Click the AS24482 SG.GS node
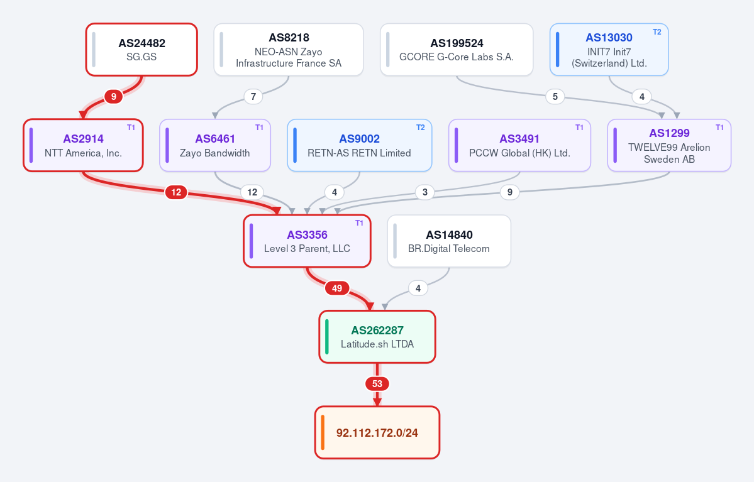coord(141,50)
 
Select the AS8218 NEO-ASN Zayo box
coord(289,50)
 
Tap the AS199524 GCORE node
coord(457,50)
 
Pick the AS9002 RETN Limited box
coord(359,145)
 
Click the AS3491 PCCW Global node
coord(519,145)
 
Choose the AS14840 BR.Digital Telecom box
coord(448,241)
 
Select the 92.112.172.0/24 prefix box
coord(377,432)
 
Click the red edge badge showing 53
coord(377,384)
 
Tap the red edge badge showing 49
coord(336,288)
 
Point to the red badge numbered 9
coord(113,97)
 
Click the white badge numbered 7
coord(253,97)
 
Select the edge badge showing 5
coord(555,97)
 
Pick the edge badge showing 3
coord(424,192)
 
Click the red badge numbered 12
coord(176,192)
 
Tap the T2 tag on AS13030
coord(657,32)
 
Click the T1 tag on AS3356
coord(359,223)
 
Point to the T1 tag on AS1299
coord(719,128)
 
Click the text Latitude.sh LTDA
coord(377,344)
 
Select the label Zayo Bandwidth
coord(214,153)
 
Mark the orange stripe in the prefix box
coord(323,432)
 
